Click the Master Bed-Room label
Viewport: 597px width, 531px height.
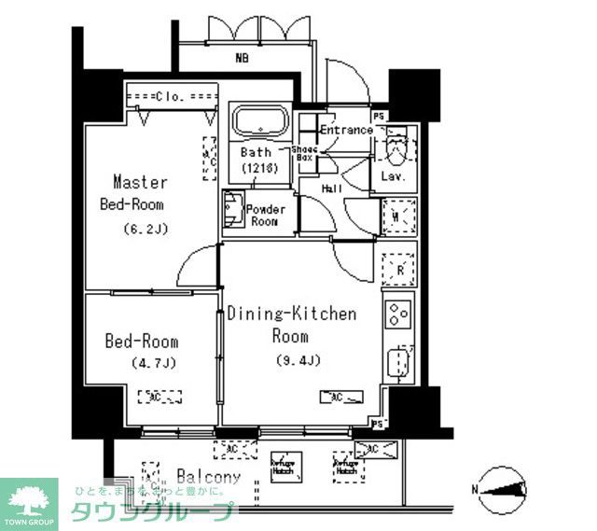(139, 192)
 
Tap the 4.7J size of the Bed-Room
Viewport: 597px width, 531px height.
(141, 362)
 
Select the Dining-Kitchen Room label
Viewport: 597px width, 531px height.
(291, 324)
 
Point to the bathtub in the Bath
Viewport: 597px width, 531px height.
(260, 122)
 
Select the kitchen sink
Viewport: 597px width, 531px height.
(398, 362)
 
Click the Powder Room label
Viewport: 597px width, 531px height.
(265, 216)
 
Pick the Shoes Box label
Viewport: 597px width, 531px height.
(304, 154)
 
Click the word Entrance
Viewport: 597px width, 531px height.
(346, 130)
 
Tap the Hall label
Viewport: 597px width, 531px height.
(332, 189)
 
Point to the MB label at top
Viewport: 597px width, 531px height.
(242, 58)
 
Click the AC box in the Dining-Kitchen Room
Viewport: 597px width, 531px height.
(340, 398)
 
